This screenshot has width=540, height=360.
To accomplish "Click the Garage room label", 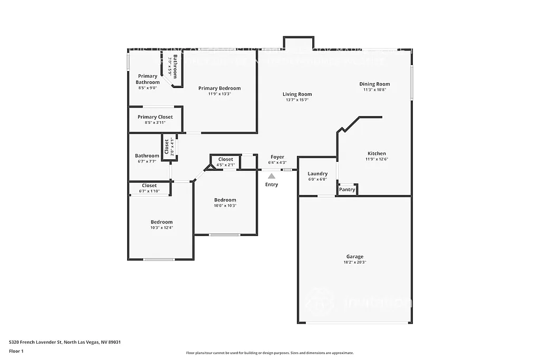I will tap(354, 257).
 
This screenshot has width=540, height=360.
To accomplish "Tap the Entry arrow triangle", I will tap(271, 176).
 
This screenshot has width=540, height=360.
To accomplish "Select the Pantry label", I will tap(347, 190).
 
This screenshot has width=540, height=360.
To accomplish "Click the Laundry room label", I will tap(317, 173).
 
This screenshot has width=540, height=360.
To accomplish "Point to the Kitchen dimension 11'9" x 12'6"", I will tap(377, 159).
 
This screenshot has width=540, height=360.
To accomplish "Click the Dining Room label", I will tap(374, 84).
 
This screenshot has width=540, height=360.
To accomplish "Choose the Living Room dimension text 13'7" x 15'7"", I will tap(297, 100).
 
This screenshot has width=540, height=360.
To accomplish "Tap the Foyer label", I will tap(277, 157).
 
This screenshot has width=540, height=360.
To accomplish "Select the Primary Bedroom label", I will tap(219, 88).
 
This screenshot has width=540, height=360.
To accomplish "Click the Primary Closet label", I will tap(155, 117).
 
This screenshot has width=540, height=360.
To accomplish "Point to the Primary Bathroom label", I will tap(147, 79).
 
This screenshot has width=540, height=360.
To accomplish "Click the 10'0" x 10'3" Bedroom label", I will tap(225, 200).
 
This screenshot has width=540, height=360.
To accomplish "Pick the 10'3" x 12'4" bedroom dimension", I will tap(161, 228).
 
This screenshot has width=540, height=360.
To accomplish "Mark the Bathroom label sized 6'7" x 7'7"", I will tap(147, 155).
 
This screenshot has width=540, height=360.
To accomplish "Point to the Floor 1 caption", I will tap(16, 351).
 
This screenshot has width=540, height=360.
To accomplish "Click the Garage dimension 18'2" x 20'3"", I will tap(354, 262).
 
